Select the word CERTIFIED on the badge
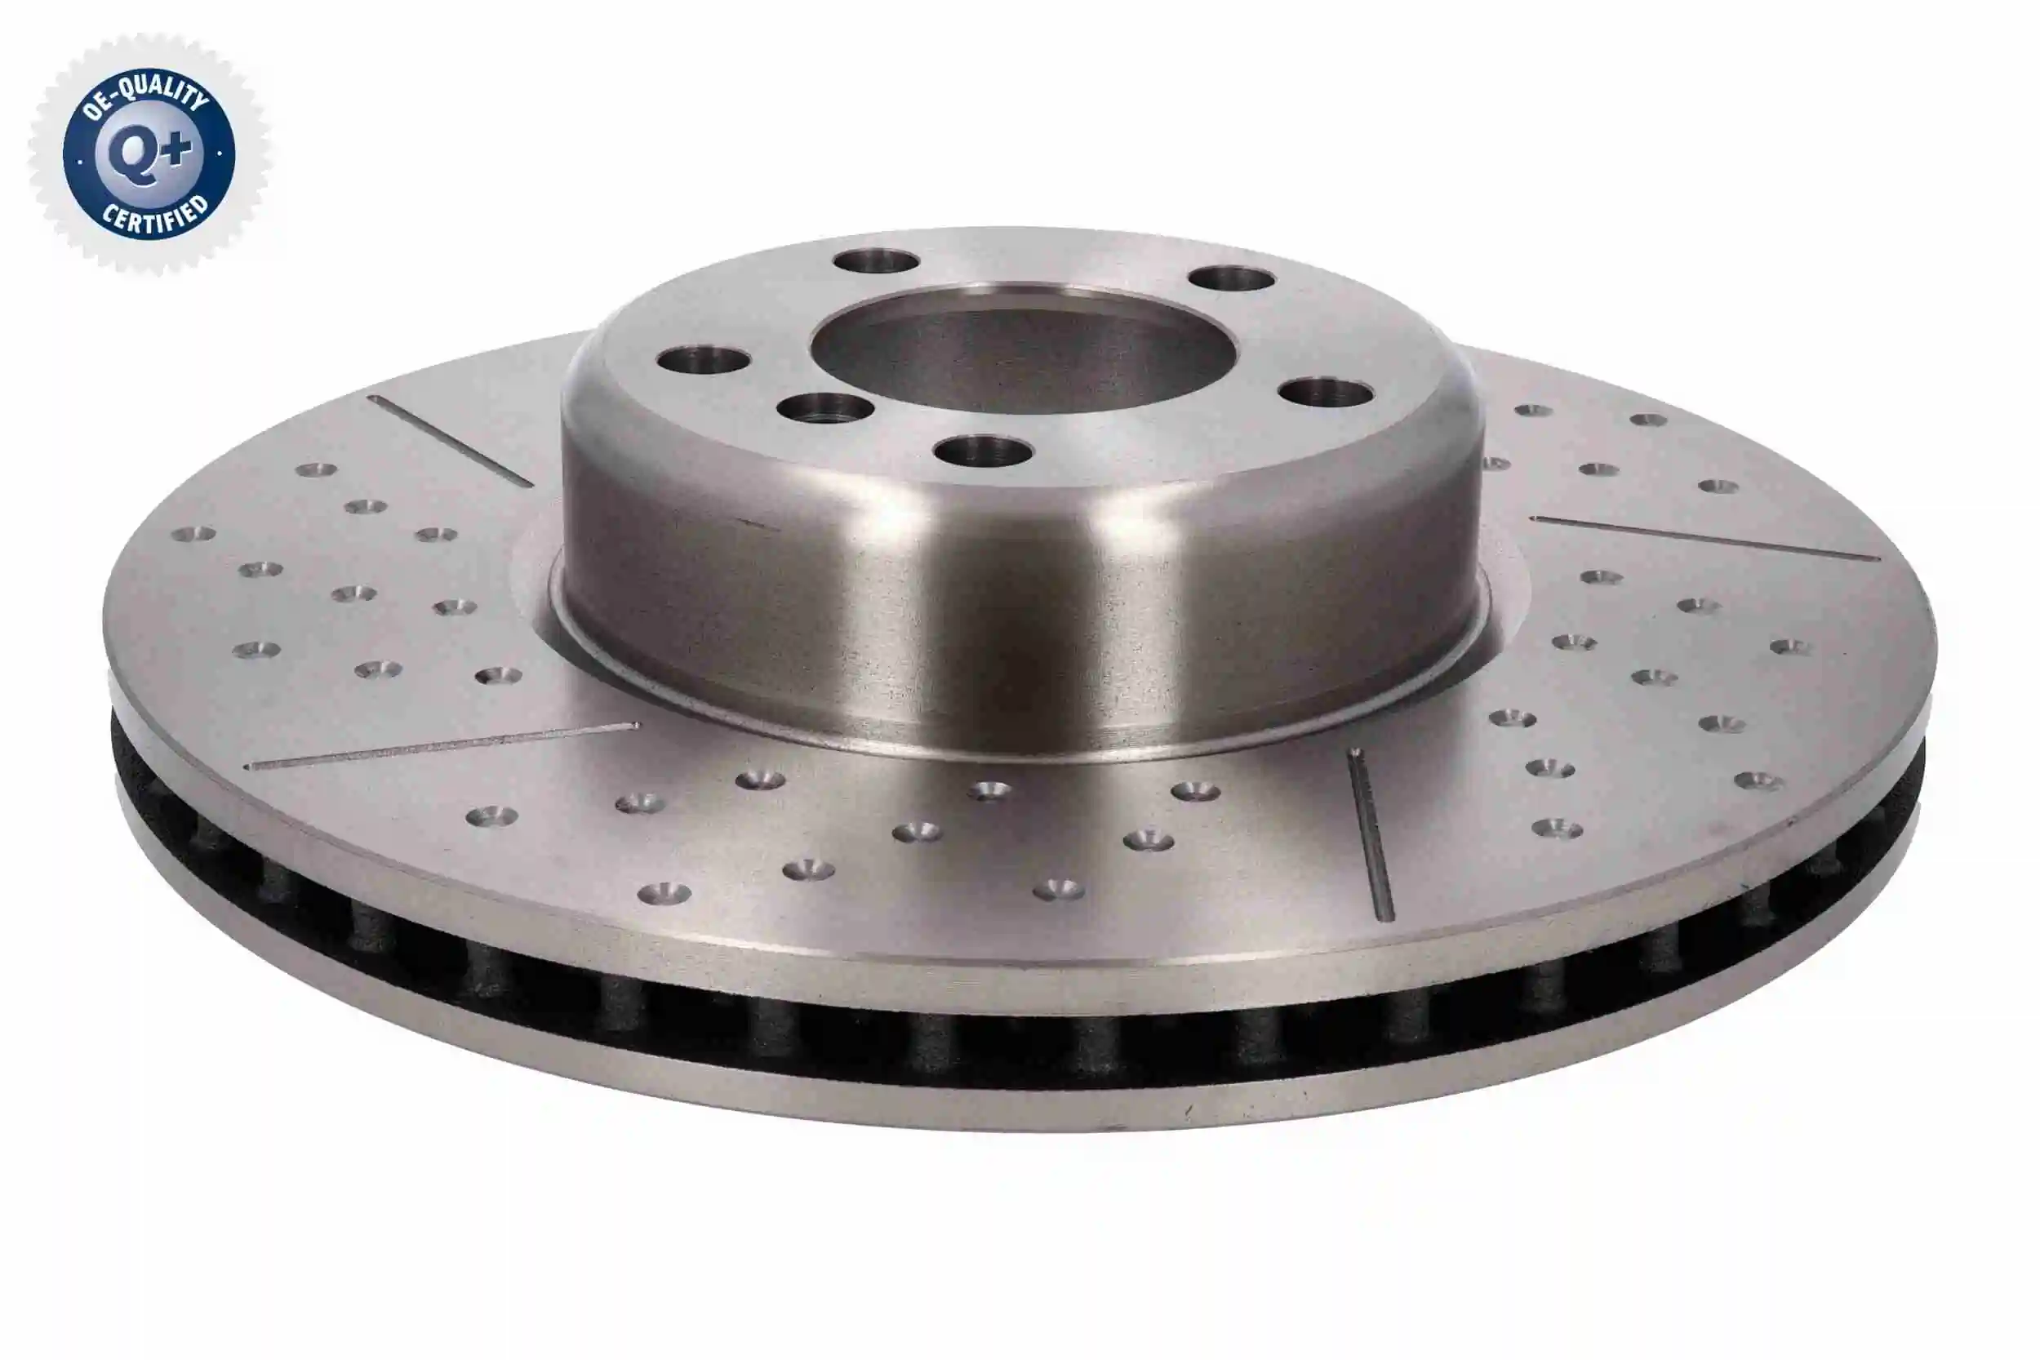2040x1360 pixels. (156, 217)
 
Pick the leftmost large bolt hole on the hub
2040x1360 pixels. (704, 360)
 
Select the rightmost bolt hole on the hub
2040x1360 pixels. (1327, 392)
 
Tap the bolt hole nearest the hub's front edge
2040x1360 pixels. (984, 450)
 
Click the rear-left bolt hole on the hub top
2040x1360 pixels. (876, 260)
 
